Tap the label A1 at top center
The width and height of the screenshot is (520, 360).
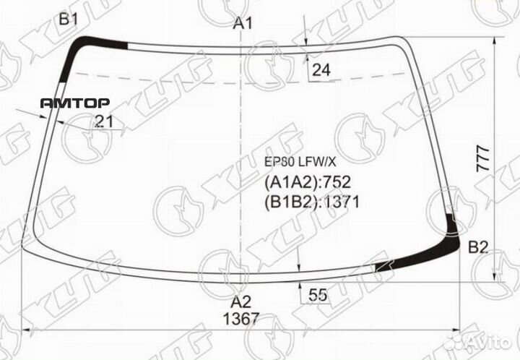(243, 24)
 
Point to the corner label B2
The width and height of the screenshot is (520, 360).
(478, 248)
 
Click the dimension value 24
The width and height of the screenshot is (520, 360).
(321, 70)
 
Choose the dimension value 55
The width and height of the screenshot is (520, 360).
(318, 294)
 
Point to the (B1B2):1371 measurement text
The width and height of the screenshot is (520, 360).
(314, 202)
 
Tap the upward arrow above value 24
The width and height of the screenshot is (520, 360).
(306, 61)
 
